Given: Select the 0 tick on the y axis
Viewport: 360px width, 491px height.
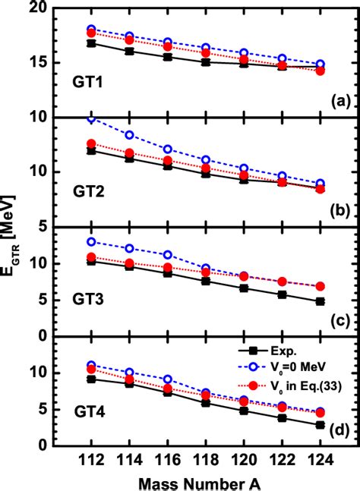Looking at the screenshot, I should (x=56, y=336).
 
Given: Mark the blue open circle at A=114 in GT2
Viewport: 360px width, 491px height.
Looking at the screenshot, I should (x=129, y=135).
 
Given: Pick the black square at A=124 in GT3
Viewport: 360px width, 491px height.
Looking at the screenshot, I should (x=320, y=301).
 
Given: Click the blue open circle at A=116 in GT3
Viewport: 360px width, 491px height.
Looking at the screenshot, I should (x=167, y=255).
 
